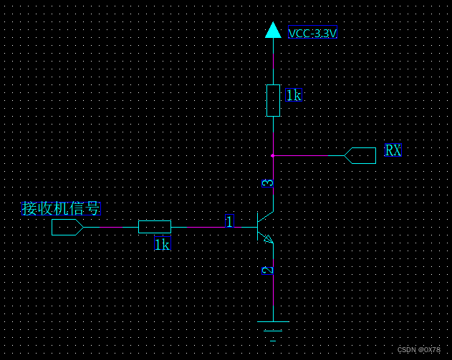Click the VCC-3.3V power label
coord(312,33)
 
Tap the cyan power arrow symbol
coord(273,30)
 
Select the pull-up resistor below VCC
coord(273,99)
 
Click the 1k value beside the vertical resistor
coord(294,94)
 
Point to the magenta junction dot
coord(273,155)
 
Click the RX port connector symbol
coord(360,155)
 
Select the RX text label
coord(393,150)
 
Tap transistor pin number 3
coord(268,183)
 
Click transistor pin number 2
coord(268,270)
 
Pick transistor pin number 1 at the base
coord(229,222)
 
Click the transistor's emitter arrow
coord(269,239)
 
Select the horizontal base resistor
coord(155,227)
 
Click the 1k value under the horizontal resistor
coord(163,245)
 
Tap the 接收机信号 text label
coord(61,208)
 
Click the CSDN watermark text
coord(419,350)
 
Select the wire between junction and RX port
coord(308,155)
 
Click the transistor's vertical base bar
coord(258,226)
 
